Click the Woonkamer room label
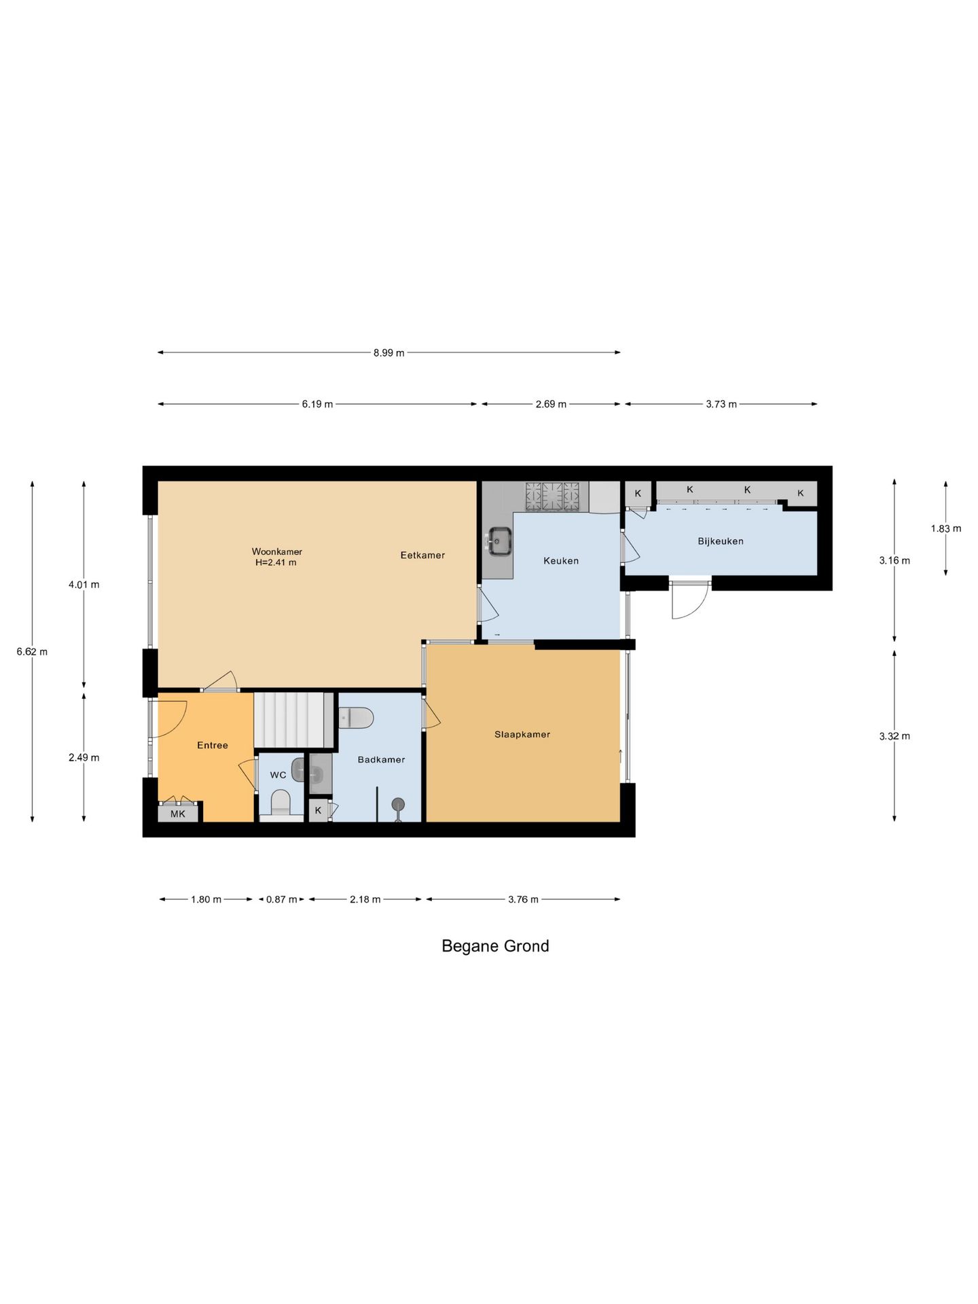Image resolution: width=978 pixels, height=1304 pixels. [x=276, y=551]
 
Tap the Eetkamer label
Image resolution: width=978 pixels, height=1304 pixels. [x=422, y=555]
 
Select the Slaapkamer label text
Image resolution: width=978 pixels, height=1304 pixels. [x=522, y=734]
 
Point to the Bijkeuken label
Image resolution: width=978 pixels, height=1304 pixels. [x=721, y=541]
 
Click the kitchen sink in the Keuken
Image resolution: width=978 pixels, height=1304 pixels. [x=499, y=541]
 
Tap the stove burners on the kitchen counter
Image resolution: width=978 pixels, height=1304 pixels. [x=553, y=496]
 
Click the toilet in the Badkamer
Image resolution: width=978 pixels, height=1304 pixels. [x=356, y=717]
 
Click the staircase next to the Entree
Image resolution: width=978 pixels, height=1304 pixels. [x=295, y=720]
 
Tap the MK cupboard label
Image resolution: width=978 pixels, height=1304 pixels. [x=178, y=814]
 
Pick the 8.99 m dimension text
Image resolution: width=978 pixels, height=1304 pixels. [x=388, y=352]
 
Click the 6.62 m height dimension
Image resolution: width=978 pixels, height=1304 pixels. [x=32, y=652]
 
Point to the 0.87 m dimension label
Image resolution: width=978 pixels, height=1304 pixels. [x=281, y=899]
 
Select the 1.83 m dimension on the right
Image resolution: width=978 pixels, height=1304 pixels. [x=946, y=528]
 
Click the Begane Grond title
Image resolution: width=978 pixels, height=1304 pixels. [x=495, y=946]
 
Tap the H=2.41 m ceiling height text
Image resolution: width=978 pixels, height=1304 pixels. [x=276, y=562]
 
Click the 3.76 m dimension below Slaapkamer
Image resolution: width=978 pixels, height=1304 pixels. [x=523, y=899]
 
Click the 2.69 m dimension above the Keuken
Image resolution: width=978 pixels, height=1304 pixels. [x=551, y=404]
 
